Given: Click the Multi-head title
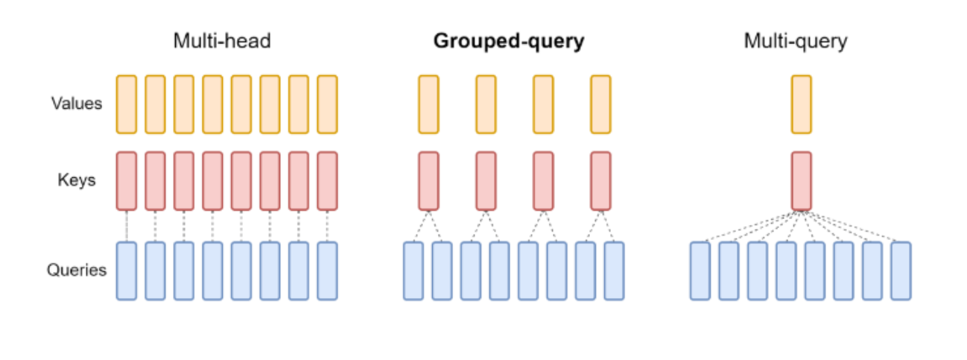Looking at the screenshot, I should click(222, 41).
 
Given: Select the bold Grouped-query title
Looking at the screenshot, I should click(509, 42).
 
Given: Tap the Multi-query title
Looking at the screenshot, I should click(796, 41).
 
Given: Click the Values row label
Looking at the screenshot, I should click(76, 104).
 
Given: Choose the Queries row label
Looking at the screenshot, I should click(77, 271).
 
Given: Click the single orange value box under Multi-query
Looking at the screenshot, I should click(802, 104).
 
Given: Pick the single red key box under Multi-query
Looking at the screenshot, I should click(802, 181).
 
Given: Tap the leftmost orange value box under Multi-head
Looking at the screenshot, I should click(127, 104).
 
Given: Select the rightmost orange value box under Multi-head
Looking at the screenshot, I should click(327, 104).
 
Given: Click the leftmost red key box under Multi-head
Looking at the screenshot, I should click(127, 181).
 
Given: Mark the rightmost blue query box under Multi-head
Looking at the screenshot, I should click(327, 271).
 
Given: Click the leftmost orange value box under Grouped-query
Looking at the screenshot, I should click(428, 104).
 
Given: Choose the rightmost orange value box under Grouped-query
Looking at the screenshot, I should click(600, 104).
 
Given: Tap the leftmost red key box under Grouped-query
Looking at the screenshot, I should click(428, 181).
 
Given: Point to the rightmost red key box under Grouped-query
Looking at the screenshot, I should click(600, 181).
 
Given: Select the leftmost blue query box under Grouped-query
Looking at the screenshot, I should click(413, 271).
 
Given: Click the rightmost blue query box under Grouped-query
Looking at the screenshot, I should click(614, 271).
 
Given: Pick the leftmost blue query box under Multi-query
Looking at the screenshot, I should click(700, 271).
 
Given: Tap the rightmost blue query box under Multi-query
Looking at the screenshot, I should click(901, 271).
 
